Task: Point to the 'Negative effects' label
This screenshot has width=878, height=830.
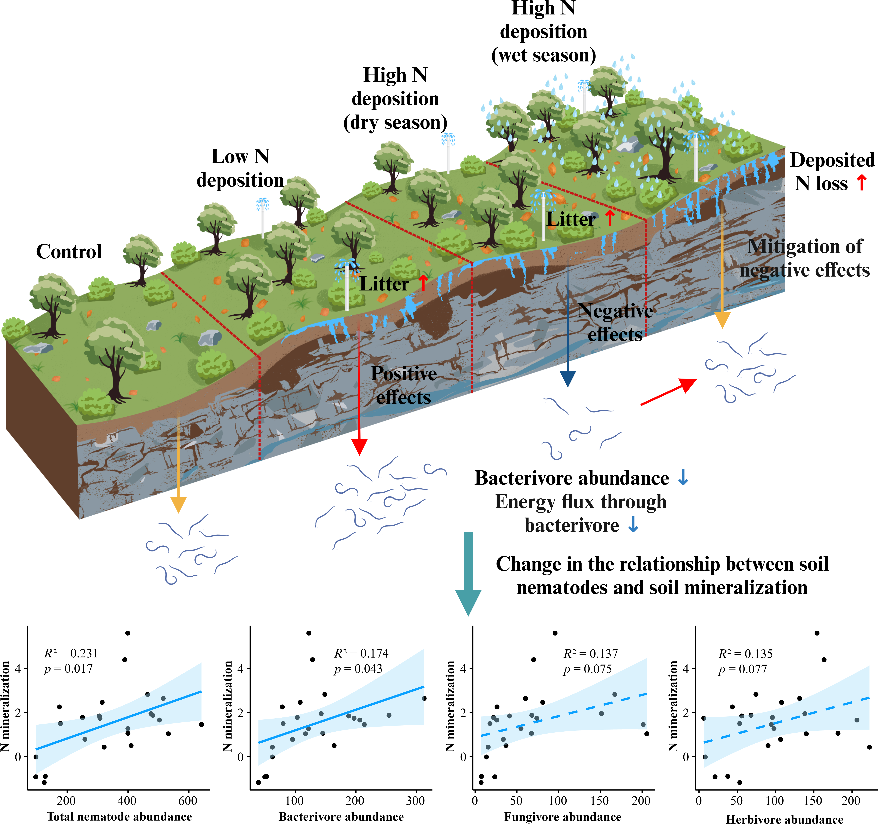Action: [615, 322]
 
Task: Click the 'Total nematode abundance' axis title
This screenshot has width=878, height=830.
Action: [120, 816]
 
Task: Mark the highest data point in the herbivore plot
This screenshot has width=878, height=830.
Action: [817, 633]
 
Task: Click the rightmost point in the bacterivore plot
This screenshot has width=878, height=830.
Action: [424, 698]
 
